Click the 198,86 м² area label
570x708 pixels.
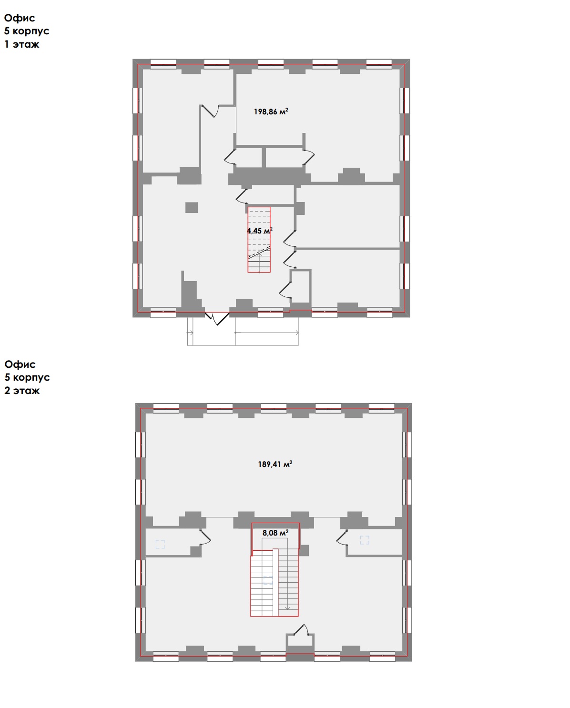271,111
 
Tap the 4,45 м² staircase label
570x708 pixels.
259,231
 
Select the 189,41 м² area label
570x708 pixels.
275,464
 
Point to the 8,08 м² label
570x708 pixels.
275,533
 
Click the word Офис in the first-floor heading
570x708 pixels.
20,18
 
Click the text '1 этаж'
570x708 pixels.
22,44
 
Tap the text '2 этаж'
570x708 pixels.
22,391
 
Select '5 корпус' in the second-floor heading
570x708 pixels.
27,377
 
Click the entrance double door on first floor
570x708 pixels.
217,318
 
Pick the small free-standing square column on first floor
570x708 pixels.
192,208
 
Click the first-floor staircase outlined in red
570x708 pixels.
259,240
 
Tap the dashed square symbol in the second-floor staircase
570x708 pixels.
267,580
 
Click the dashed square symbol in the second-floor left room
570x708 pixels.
160,544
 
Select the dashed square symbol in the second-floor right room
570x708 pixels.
365,540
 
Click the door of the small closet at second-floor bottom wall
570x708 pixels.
301,629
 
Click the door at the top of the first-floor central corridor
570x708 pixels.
210,111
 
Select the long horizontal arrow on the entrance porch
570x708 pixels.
267,333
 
